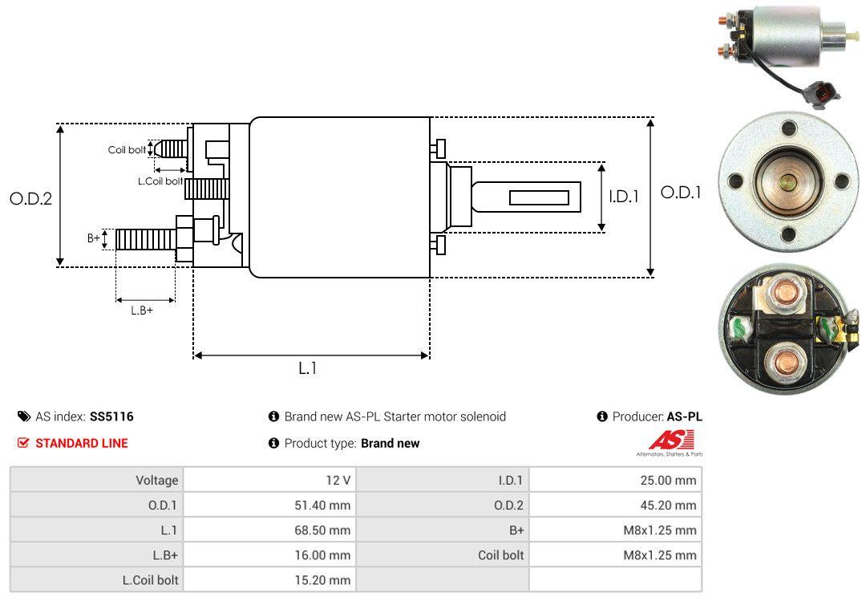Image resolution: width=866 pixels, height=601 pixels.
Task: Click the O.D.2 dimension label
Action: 30,198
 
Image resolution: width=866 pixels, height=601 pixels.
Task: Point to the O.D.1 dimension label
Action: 681,193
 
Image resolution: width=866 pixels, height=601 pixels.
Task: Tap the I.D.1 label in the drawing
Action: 623,196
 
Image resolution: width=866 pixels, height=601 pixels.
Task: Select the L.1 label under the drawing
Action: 308,369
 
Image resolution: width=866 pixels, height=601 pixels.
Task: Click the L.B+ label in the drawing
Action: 142,310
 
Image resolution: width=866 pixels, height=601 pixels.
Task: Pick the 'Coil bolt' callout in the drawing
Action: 127,150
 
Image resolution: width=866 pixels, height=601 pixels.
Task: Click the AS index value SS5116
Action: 111,416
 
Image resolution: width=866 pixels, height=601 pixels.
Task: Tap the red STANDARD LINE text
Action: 81,443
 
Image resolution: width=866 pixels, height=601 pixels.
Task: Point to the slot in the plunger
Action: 539,197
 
